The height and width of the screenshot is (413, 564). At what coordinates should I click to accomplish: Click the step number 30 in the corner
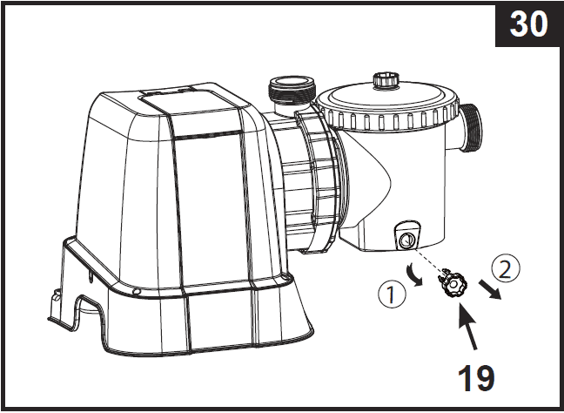(x=527, y=24)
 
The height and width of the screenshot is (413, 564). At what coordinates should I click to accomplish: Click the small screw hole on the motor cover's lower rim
(x=138, y=291)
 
